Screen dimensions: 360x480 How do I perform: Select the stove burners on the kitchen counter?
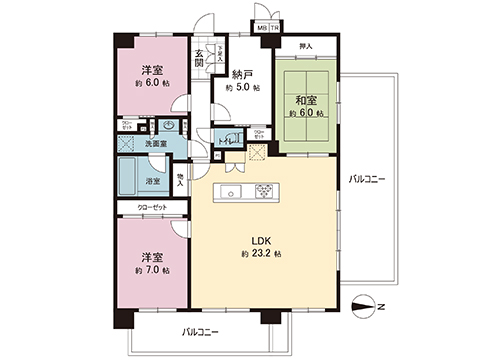(x=268, y=192)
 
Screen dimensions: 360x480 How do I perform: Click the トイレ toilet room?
(x=228, y=141)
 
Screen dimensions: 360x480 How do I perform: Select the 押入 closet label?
(x=306, y=46)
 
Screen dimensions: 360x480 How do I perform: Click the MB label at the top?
(x=262, y=28)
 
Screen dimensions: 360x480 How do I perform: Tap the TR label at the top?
(x=274, y=28)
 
